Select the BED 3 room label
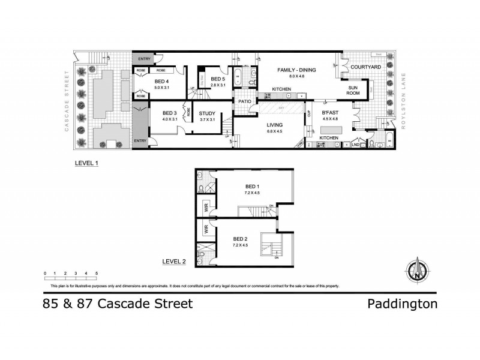(170, 112)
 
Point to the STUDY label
(207, 112)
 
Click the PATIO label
(244, 101)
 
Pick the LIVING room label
(275, 125)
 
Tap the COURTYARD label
(366, 67)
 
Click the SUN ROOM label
(354, 90)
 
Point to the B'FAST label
(331, 112)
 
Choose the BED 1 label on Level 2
(243, 186)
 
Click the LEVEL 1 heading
(87, 163)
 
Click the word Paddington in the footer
(401, 304)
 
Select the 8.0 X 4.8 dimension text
(296, 76)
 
